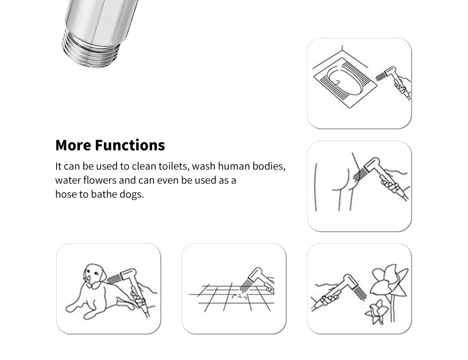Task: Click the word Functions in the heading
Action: click(130, 145)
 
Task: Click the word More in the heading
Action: click(73, 145)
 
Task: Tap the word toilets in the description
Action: click(174, 166)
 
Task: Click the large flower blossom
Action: click(388, 281)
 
